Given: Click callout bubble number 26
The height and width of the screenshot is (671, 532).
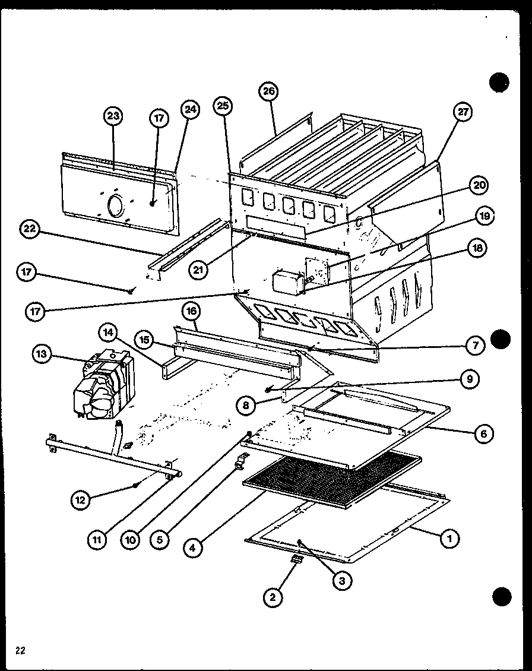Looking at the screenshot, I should [268, 91].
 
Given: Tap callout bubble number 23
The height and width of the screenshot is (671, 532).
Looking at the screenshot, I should [113, 116].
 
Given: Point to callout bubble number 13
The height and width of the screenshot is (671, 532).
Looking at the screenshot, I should [42, 355].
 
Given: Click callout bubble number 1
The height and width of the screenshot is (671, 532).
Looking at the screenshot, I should [449, 539].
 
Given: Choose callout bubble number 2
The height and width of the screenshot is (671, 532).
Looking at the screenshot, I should [273, 597].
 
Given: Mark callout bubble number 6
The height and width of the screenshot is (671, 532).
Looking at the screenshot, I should [483, 434].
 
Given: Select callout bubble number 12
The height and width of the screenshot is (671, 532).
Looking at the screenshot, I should [80, 501].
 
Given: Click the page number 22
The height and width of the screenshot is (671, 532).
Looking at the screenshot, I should [20, 650].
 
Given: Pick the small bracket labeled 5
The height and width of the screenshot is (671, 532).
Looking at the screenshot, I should [241, 461].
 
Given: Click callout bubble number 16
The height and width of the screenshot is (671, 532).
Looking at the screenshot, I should [192, 311].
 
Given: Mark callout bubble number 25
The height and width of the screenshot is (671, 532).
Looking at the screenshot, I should [223, 106].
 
